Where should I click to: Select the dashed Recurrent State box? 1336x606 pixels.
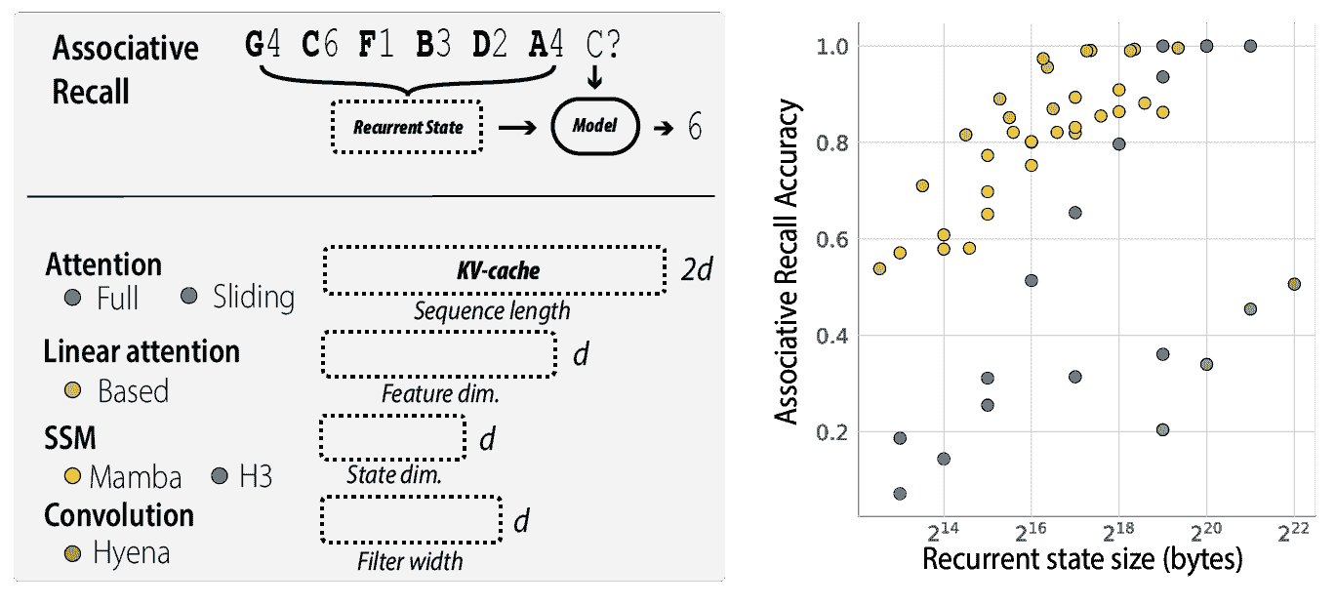point(407,127)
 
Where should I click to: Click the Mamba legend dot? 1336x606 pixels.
point(71,476)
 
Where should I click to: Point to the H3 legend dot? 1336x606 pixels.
point(221,476)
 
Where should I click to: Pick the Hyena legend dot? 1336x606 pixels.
point(71,553)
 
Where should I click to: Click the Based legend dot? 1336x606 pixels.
point(71,391)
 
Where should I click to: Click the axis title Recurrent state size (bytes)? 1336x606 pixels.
point(1081,561)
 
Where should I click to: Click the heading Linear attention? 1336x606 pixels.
point(142,351)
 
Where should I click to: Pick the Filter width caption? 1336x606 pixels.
point(409,561)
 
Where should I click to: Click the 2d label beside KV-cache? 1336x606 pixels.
point(697,270)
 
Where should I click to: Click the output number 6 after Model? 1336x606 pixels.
point(694,128)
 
